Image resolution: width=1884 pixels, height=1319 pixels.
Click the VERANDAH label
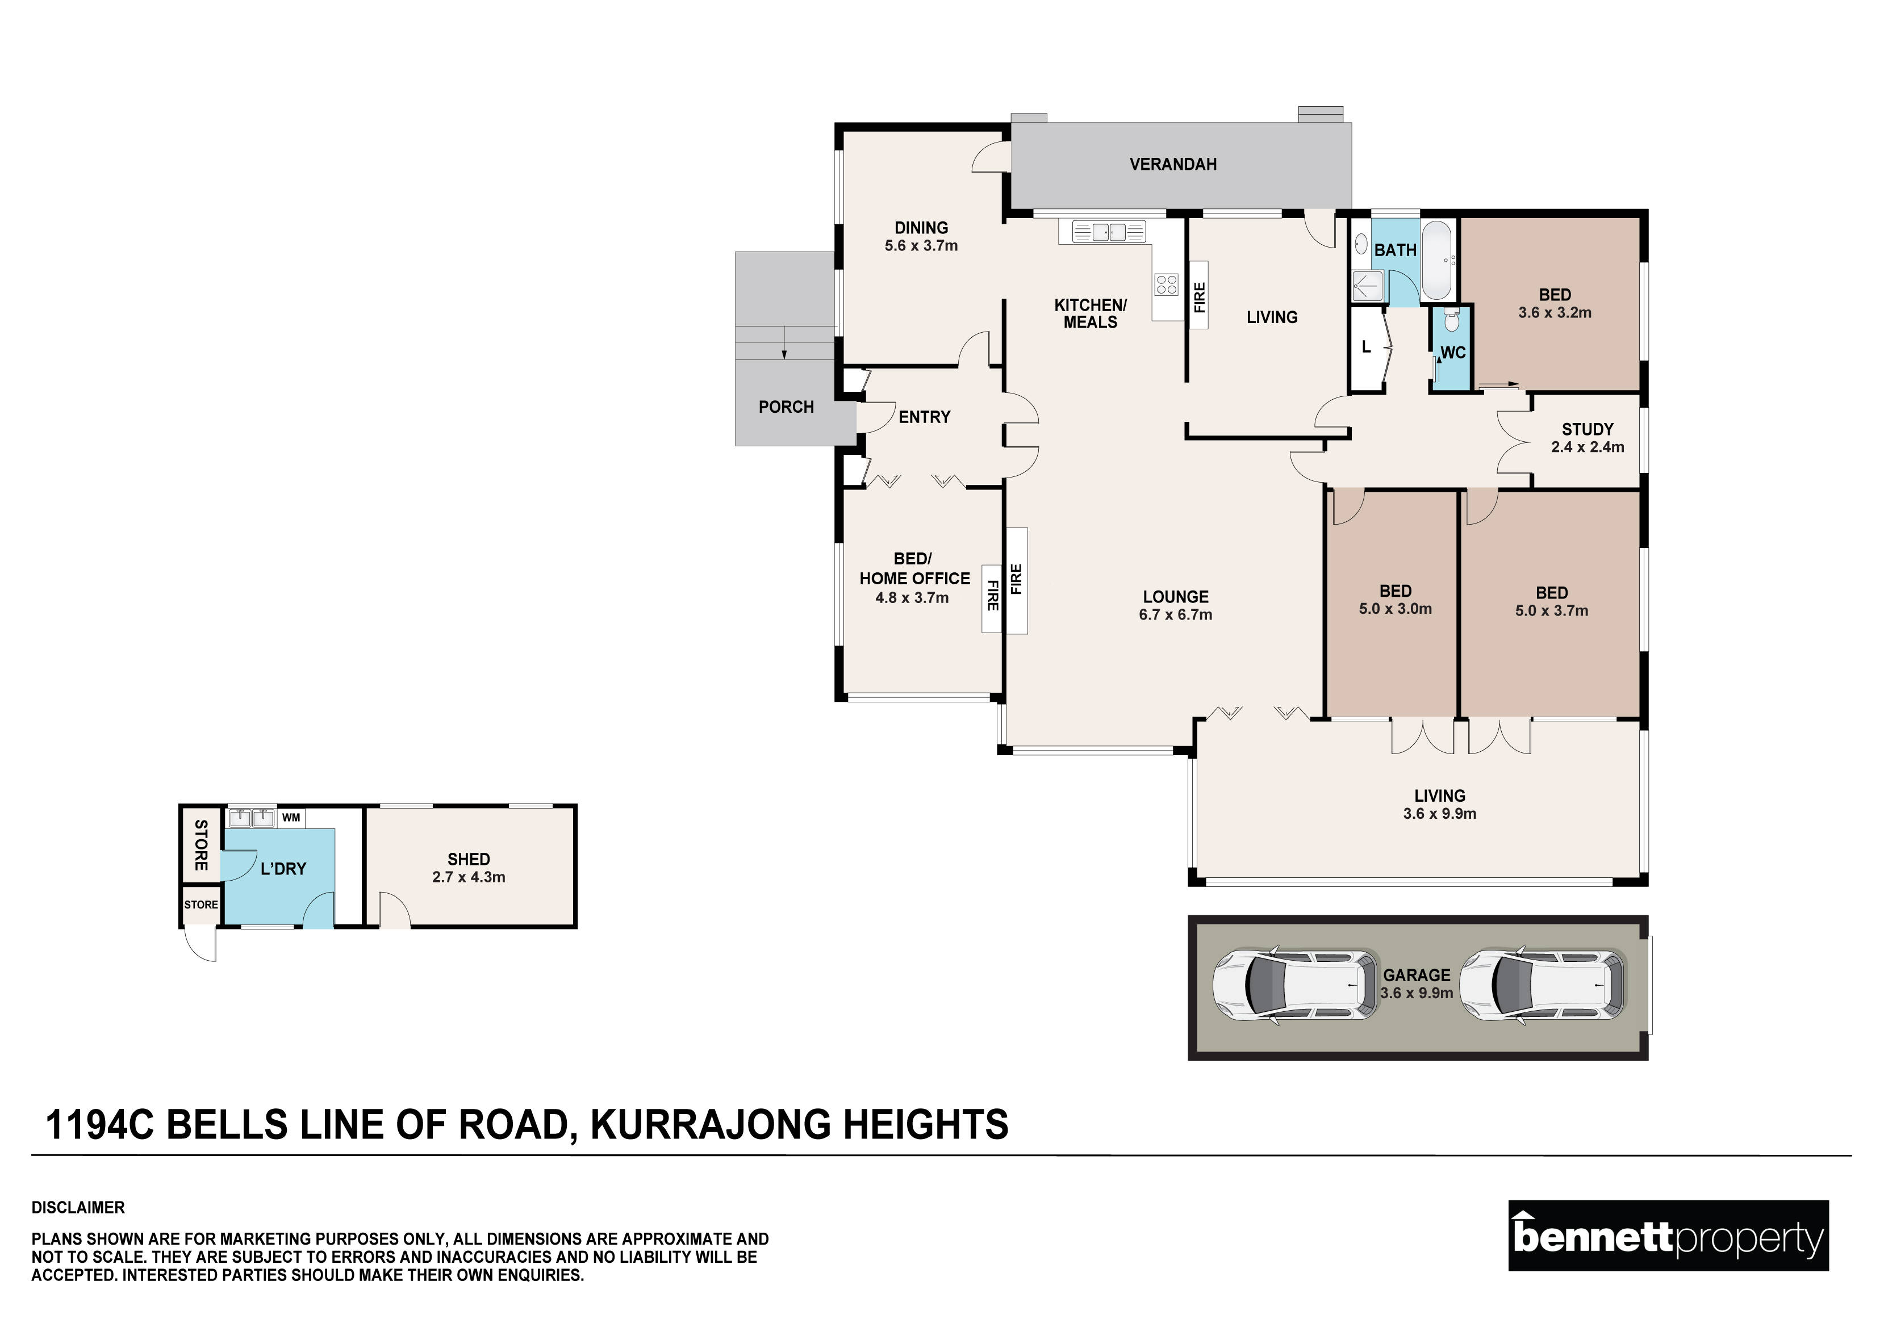pyautogui.click(x=1172, y=164)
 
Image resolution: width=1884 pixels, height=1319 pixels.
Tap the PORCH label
pyautogui.click(x=786, y=407)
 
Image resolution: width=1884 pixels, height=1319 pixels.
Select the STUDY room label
pyautogui.click(x=1587, y=429)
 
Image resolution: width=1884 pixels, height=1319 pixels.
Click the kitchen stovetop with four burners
pyautogui.click(x=1166, y=284)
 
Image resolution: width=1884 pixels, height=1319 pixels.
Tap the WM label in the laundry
pyautogui.click(x=290, y=818)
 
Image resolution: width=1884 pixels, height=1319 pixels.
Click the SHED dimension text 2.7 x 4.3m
pyautogui.click(x=469, y=877)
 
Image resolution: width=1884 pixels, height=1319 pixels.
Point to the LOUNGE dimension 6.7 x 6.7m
pyautogui.click(x=1175, y=614)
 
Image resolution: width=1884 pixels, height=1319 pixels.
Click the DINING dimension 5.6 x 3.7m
pyautogui.click(x=921, y=245)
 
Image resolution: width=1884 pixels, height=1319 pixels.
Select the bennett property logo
pyautogui.click(x=1668, y=1236)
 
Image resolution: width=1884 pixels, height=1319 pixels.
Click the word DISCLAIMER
pyautogui.click(x=78, y=1208)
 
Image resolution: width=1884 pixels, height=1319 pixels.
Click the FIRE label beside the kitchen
pyautogui.click(x=1199, y=297)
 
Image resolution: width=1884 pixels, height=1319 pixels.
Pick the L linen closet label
pyautogui.click(x=1366, y=347)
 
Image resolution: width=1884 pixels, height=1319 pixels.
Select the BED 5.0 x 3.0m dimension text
pyautogui.click(x=1395, y=609)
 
